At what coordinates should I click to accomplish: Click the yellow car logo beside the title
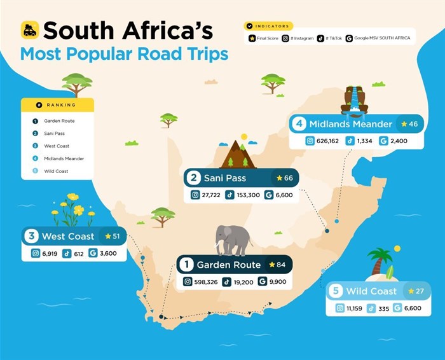[x=30, y=30]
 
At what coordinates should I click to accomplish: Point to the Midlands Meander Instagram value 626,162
[x=324, y=141]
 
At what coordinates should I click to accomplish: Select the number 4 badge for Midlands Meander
[x=299, y=123]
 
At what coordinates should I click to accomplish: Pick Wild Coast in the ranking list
[x=55, y=171]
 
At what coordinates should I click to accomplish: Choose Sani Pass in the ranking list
[x=54, y=134]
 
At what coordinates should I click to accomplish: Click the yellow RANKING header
[x=57, y=105]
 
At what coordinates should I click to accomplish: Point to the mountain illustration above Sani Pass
[x=238, y=155]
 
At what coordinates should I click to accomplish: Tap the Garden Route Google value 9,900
[x=274, y=282]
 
